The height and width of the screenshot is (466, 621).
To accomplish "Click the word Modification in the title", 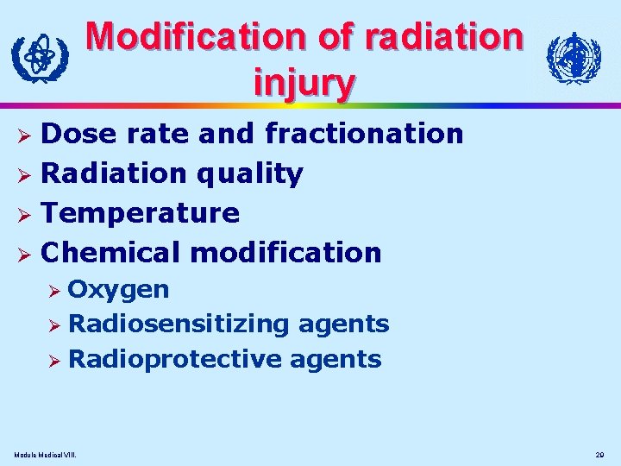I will (x=198, y=36).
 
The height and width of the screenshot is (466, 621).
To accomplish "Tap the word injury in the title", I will (x=304, y=82).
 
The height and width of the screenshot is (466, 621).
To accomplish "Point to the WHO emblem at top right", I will (x=574, y=59).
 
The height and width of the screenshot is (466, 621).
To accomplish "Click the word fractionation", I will (x=364, y=134).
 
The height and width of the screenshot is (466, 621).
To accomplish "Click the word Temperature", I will (x=141, y=213).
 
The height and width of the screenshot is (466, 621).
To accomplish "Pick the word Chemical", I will (x=111, y=253).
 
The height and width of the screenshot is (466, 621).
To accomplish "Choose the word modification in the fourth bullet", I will (x=285, y=253).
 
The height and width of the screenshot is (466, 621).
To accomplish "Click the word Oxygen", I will (x=118, y=289).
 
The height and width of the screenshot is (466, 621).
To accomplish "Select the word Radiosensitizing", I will (x=179, y=324).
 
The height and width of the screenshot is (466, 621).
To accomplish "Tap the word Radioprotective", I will (x=174, y=360).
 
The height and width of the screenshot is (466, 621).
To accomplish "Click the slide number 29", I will (x=600, y=454).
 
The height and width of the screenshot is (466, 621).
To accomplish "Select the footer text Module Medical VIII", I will (x=45, y=454).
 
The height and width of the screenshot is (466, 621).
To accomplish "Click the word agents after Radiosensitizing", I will (x=342, y=324).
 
